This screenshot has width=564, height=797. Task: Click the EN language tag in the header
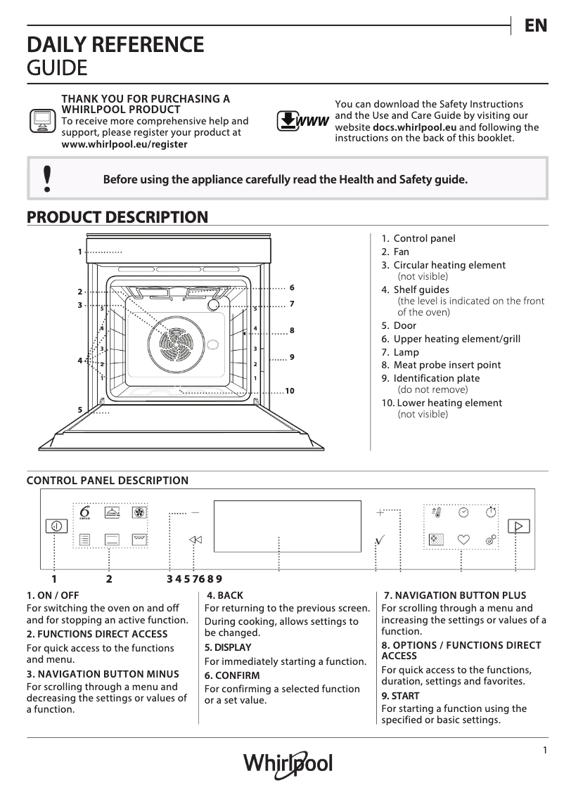point(535,25)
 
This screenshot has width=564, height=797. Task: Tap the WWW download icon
point(302,122)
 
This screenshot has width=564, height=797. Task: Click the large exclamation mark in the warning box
point(46,179)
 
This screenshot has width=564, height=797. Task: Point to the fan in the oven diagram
point(174,342)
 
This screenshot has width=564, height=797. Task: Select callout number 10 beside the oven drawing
point(288,391)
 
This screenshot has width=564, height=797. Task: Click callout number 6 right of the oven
point(291,288)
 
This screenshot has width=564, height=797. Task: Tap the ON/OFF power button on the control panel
point(56,526)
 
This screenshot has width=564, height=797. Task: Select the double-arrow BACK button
point(195,540)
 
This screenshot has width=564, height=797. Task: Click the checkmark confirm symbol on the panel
point(380,540)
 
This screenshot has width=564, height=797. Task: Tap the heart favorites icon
point(463,540)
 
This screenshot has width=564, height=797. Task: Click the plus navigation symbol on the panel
point(380,512)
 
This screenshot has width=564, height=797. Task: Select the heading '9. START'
point(400,696)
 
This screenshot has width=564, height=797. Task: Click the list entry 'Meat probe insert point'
point(447,365)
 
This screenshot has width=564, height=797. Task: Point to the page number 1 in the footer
point(544,750)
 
